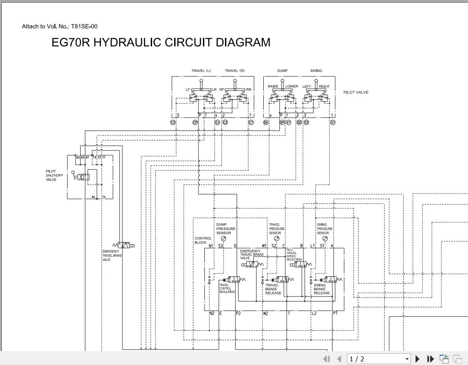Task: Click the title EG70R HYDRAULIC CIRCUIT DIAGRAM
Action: (161, 42)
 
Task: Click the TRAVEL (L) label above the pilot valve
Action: (201, 71)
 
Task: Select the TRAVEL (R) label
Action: (234, 71)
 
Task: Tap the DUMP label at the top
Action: (282, 71)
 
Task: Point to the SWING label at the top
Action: (316, 71)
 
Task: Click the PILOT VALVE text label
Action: (355, 92)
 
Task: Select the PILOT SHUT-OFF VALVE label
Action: (54, 176)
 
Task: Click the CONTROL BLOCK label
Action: (202, 240)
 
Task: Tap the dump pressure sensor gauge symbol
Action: (224, 239)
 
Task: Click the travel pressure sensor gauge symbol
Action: (275, 239)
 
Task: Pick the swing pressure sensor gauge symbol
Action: (325, 239)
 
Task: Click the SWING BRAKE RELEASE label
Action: (322, 289)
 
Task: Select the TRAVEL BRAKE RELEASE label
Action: (273, 289)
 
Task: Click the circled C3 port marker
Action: (173, 122)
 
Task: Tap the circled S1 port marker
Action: (333, 122)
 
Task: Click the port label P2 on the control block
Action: (238, 313)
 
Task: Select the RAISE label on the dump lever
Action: (273, 86)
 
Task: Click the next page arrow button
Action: (417, 359)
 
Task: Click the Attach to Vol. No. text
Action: (59, 27)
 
